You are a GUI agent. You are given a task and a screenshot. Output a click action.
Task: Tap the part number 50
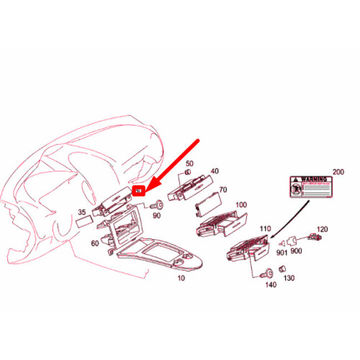(x=190, y=165)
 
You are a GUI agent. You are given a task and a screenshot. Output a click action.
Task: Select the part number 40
(x=214, y=171)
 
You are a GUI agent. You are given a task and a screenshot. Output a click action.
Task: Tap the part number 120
(x=323, y=229)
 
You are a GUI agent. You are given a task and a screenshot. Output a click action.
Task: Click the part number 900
(x=297, y=251)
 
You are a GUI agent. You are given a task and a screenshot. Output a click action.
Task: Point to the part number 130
(x=289, y=278)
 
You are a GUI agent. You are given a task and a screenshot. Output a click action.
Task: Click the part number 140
(x=270, y=286)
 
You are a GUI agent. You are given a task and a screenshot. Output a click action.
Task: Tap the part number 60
(x=95, y=243)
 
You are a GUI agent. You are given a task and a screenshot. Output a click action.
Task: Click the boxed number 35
(x=81, y=212)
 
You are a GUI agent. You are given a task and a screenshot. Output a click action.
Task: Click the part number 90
(x=157, y=217)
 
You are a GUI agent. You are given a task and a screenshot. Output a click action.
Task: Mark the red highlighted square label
(x=140, y=192)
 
